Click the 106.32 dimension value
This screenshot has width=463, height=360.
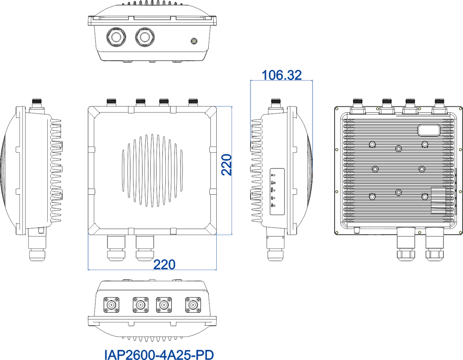(x=282, y=75)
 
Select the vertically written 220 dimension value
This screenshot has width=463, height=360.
(x=226, y=165)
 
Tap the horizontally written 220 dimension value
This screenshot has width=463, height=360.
(x=164, y=265)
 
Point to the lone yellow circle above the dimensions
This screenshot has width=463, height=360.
(x=194, y=41)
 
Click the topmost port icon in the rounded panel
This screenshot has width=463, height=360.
(x=273, y=175)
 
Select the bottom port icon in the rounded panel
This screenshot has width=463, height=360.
(x=273, y=205)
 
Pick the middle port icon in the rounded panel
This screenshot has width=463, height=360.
(x=273, y=190)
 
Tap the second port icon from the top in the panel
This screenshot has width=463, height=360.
(x=273, y=183)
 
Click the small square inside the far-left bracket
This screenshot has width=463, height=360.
(x=41, y=230)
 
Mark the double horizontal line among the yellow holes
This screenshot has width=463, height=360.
(x=374, y=232)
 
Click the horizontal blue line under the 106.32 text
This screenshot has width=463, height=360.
(x=282, y=81)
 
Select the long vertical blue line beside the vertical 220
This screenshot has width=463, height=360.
(x=231, y=170)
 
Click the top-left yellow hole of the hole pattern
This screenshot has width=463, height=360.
(x=337, y=109)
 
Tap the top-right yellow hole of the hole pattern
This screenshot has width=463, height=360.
(x=460, y=109)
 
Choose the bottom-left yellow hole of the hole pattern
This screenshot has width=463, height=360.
(x=337, y=232)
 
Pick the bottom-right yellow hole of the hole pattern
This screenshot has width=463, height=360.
(x=460, y=232)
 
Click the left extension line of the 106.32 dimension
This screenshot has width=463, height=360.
(x=250, y=111)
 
